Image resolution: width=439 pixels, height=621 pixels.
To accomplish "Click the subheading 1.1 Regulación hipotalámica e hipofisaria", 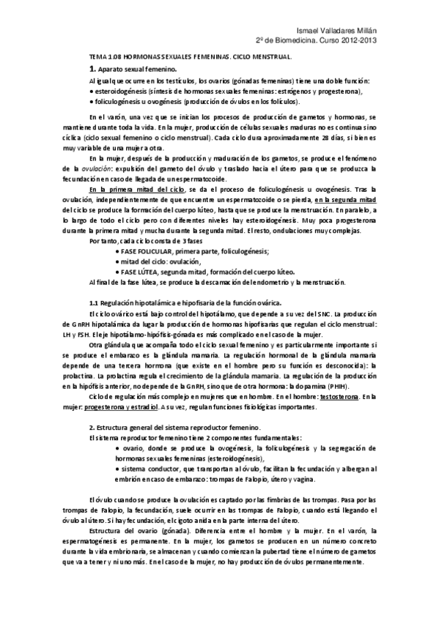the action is click(172, 302).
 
